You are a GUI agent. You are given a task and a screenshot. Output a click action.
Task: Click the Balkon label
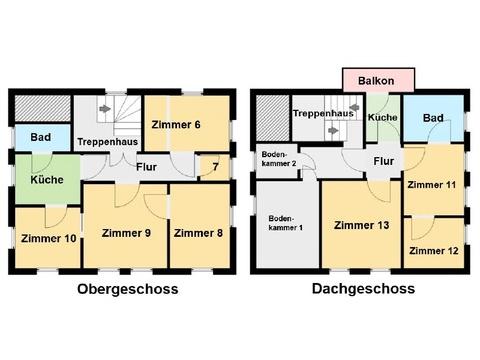click(376, 81)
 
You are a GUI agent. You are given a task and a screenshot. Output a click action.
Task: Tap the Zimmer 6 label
click(176, 125)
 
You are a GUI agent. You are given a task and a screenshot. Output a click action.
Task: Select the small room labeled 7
click(216, 166)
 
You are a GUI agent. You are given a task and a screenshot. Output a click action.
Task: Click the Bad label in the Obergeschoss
click(41, 137)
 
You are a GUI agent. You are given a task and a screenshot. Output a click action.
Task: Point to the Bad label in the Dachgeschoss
click(433, 118)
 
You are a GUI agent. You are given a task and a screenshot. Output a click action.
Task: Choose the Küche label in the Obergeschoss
click(47, 180)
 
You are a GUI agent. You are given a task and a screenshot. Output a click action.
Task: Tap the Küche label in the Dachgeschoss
click(383, 117)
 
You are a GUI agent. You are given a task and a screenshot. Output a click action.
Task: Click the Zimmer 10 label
click(49, 238)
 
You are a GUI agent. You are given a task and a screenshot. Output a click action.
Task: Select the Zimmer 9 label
click(126, 233)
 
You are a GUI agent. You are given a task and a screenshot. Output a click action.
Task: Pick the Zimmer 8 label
click(198, 233)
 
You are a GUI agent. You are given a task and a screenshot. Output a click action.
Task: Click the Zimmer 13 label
click(361, 225)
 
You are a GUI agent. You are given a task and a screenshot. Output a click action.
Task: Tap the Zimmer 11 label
click(431, 184)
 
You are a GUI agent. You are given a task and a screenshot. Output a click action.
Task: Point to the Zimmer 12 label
click(434, 251)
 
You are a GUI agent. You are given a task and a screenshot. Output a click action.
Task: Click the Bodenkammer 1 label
click(286, 223)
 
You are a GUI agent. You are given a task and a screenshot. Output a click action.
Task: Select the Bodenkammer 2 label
click(279, 159)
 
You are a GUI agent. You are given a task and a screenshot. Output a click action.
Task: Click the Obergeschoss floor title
click(128, 289)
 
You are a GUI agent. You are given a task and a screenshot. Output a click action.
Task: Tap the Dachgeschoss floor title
click(363, 289)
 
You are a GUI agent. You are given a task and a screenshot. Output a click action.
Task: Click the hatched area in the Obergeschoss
click(43, 109)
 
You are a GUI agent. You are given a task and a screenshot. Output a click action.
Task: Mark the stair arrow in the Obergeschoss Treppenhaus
click(105, 109)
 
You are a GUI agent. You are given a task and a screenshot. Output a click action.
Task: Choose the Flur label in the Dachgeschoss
click(384, 161)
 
